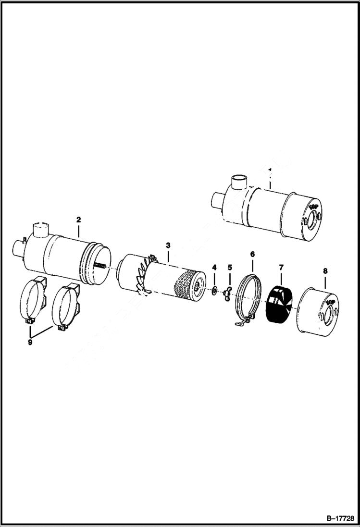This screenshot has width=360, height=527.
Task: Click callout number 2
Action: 78,220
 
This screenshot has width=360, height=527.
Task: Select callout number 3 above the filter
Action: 168,245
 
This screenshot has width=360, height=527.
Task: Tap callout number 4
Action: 214,267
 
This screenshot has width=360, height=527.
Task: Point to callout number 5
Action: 230,267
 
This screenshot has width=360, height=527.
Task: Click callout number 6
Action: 252,253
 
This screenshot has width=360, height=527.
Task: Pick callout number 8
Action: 325,271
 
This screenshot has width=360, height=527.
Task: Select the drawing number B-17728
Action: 338,518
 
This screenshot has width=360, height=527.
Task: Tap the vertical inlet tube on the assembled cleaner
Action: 238,182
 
